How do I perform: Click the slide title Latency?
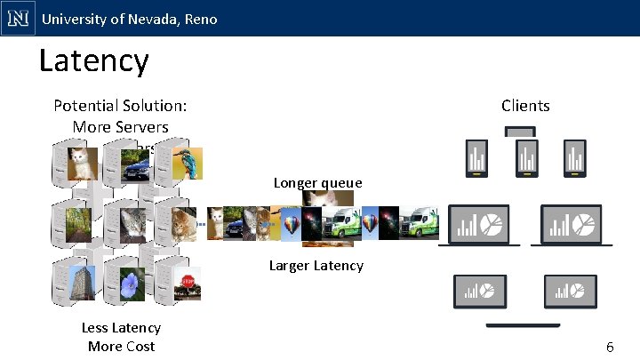tap(93, 61)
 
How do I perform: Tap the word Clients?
tap(525, 106)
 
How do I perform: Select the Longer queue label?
tap(317, 183)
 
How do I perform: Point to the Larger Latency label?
tap(316, 265)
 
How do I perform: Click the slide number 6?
tap(610, 347)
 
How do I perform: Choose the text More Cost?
tap(121, 346)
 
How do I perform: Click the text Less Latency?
tap(121, 328)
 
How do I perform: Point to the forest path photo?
tap(80, 223)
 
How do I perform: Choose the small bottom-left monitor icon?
tap(481, 290)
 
